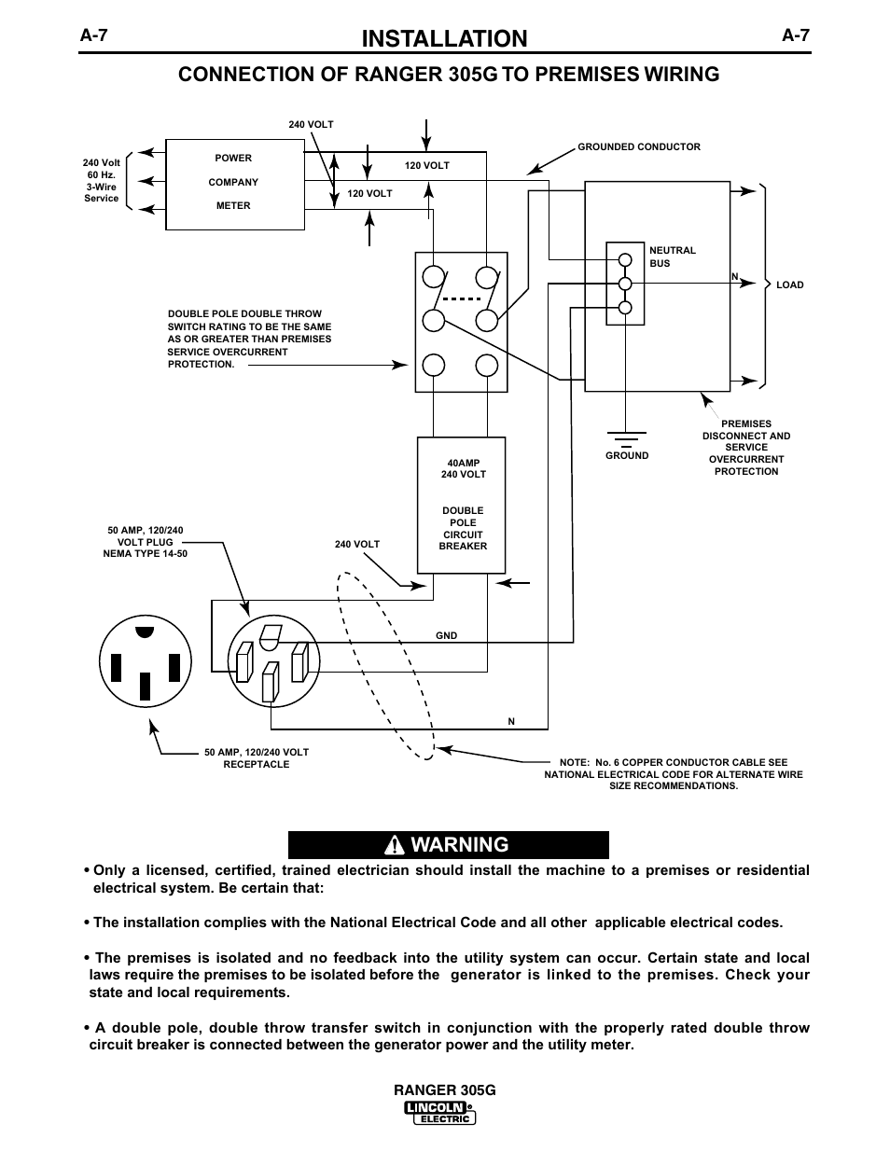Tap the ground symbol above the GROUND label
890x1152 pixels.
pos(626,439)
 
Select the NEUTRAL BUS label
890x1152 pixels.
pos(672,257)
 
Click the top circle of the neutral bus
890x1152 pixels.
pos(625,259)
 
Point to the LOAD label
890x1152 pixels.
pos(790,285)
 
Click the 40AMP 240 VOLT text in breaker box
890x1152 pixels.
pos(464,468)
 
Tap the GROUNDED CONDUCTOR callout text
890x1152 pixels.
pos(639,146)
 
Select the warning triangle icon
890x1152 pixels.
pos(394,845)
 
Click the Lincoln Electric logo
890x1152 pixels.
pos(439,1113)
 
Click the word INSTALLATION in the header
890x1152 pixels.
pos(444,38)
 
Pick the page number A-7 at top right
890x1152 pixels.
pos(796,35)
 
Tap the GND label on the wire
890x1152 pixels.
pos(446,635)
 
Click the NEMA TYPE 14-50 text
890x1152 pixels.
pos(146,554)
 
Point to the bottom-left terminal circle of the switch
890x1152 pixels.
pos(434,366)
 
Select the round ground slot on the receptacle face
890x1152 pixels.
pos(145,632)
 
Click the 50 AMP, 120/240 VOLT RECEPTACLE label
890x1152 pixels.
pos(257,758)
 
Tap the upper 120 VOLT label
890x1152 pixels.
pos(426,165)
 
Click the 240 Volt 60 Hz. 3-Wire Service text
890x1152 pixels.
pos(102,180)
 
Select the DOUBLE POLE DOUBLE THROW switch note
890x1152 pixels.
pos(249,339)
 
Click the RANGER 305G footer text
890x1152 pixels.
pos(445,1090)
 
